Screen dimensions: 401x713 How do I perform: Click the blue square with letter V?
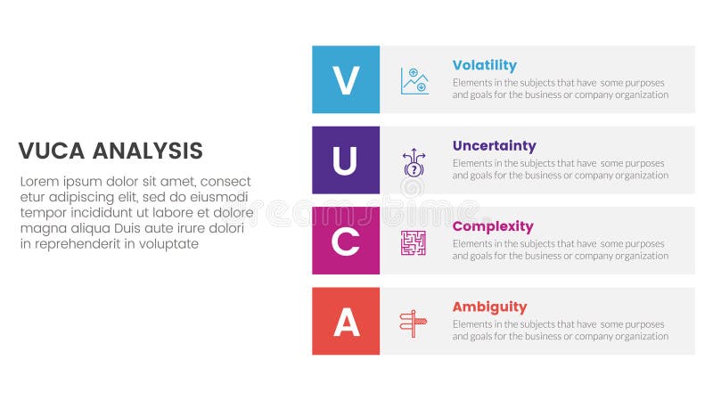[x=346, y=80]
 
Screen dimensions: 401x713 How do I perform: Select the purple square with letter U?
[x=346, y=160]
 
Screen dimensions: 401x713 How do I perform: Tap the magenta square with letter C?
[x=346, y=241]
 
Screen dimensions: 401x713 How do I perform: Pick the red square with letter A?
[x=346, y=321]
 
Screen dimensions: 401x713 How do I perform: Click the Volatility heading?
[x=484, y=65]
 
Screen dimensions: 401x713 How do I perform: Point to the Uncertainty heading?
[x=494, y=145]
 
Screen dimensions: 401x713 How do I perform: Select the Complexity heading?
[x=493, y=226]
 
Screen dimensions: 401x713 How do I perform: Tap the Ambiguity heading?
[x=489, y=307]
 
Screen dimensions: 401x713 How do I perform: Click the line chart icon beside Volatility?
[x=414, y=81]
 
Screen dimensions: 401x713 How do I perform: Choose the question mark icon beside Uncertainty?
[x=414, y=162]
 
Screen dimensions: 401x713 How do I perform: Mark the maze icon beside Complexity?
[x=414, y=242]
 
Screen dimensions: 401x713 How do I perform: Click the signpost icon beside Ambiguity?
[x=414, y=323]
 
